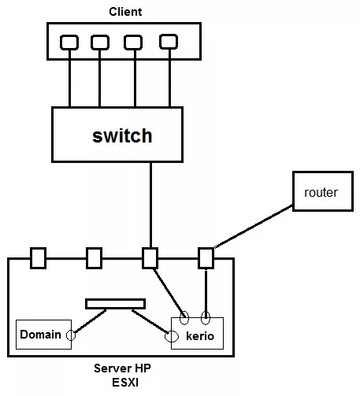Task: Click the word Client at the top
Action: click(x=125, y=12)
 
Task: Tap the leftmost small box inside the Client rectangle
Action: click(x=69, y=43)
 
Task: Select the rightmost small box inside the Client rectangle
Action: click(x=169, y=42)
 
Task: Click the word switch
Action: click(x=122, y=135)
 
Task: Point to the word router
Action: click(x=321, y=192)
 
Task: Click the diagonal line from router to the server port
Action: click(x=254, y=226)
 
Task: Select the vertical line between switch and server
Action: click(x=150, y=205)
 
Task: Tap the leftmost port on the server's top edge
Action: click(x=39, y=258)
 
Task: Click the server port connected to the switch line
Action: click(x=150, y=258)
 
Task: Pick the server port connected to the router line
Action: click(x=206, y=258)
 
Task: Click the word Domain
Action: click(x=40, y=335)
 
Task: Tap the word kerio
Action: click(x=200, y=336)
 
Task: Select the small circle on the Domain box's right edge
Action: click(x=71, y=335)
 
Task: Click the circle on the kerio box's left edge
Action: click(x=171, y=336)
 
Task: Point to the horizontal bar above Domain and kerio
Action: click(x=115, y=304)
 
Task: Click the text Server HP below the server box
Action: click(x=122, y=368)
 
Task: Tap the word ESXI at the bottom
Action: click(x=125, y=383)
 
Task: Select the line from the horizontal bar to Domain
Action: click(x=90, y=321)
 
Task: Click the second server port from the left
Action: click(x=95, y=258)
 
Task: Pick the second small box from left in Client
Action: click(x=100, y=43)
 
